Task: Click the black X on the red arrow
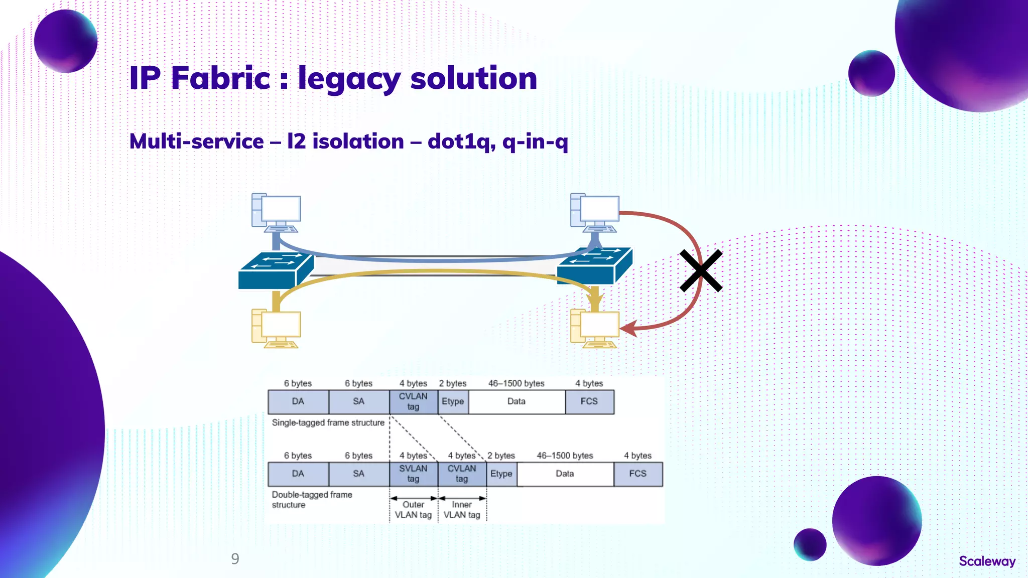[x=701, y=271]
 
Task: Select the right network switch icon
[x=594, y=266]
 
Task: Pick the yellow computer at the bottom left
[x=277, y=329]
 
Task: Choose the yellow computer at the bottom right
[x=595, y=329]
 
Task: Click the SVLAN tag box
[x=413, y=474]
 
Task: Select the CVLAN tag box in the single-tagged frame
[x=413, y=401]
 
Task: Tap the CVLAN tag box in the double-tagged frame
[x=462, y=474]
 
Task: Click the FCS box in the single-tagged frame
[x=589, y=401]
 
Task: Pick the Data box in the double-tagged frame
[x=565, y=474]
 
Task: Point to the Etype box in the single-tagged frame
[x=453, y=401]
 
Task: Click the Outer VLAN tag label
[x=413, y=510]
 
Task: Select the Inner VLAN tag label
[x=462, y=510]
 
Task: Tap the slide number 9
[x=235, y=559]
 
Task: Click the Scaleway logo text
[x=987, y=561]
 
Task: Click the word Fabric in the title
[x=221, y=78]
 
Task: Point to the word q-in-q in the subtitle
[x=535, y=141]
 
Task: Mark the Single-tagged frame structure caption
[x=328, y=423]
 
